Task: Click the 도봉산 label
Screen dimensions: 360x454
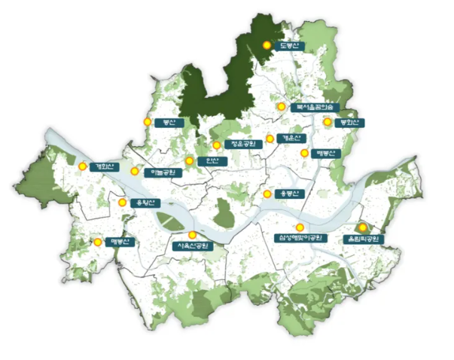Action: point(289,46)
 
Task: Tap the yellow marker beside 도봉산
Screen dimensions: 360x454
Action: point(267,45)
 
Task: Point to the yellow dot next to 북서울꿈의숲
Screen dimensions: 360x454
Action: point(281,107)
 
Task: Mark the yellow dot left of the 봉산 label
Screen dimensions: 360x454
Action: point(147,122)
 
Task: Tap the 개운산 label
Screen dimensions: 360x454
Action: point(290,139)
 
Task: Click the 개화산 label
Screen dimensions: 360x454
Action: point(102,166)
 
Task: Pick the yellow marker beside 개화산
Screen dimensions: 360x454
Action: point(83,166)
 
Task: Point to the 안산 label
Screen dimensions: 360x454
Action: point(214,161)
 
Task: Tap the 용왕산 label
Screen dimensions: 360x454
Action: point(142,203)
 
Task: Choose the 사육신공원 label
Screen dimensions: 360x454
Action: point(193,246)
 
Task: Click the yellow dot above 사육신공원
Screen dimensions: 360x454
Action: point(193,234)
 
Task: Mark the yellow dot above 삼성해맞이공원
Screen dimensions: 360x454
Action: point(300,227)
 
